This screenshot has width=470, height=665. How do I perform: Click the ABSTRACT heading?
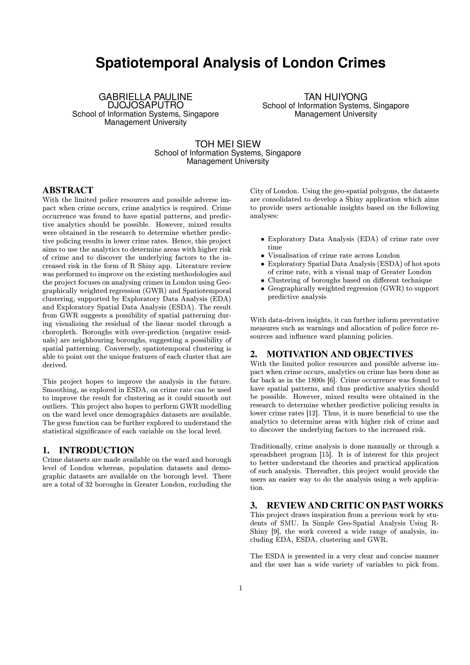[68, 190]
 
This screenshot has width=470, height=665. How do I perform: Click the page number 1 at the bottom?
[240, 588]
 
